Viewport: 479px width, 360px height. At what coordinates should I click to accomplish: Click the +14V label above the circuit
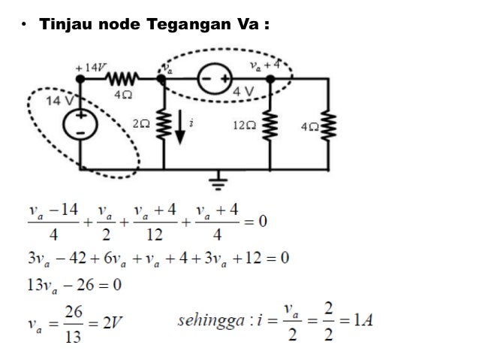[x=90, y=66]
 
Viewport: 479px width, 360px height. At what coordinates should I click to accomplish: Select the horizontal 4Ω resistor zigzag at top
[x=122, y=77]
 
